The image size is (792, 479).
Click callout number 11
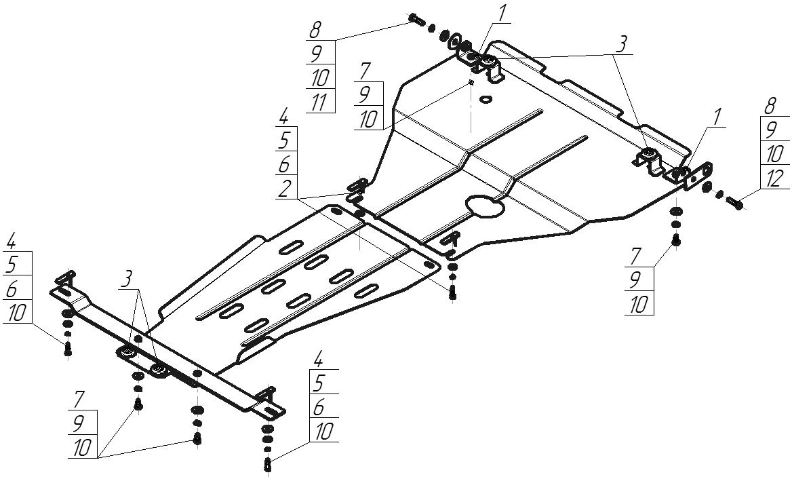[x=319, y=102]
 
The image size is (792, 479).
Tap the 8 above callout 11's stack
[x=315, y=30]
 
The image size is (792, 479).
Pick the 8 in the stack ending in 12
[x=770, y=106]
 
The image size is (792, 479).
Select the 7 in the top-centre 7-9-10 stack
[x=365, y=70]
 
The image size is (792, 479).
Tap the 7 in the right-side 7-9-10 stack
[x=637, y=256]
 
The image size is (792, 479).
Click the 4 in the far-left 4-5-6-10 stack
[x=11, y=241]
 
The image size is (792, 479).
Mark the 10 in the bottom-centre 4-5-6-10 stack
[x=323, y=432]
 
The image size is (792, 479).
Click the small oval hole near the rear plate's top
[x=486, y=100]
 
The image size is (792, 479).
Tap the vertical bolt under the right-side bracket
[x=676, y=240]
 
